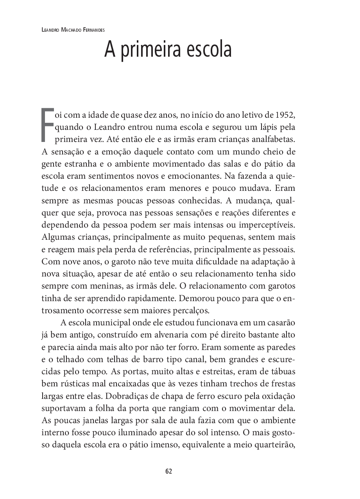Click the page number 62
(168, 471)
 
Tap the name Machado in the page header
(72, 29)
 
